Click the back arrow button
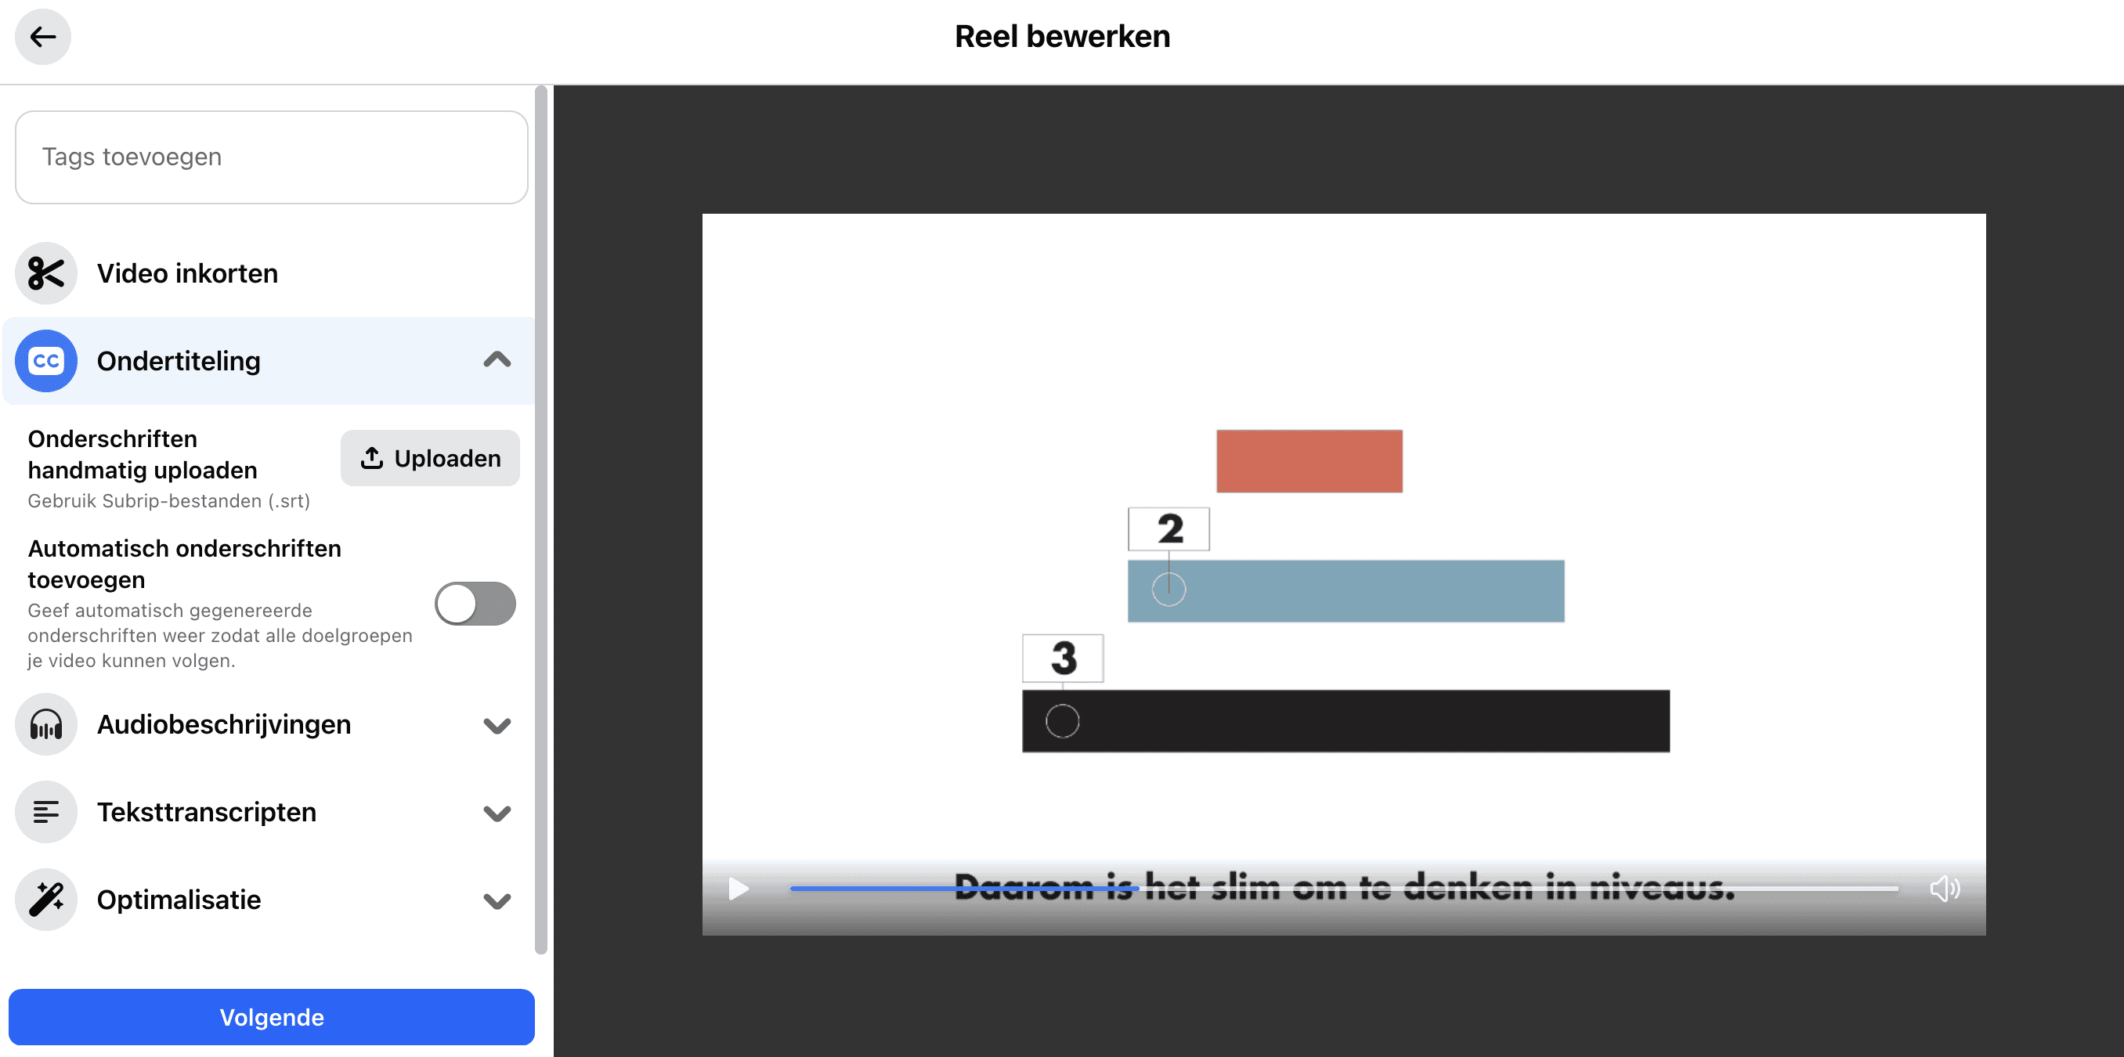tap(43, 37)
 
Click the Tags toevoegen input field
tap(271, 157)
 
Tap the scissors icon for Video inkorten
tap(46, 274)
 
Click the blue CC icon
tap(46, 361)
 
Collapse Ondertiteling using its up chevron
tap(497, 360)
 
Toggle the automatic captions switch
tap(475, 604)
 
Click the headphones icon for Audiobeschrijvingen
tap(46, 725)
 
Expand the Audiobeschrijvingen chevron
tap(497, 727)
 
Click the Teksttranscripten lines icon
tap(46, 813)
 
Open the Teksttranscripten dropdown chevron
tap(497, 813)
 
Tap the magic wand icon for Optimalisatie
tap(46, 900)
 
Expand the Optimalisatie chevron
tap(497, 901)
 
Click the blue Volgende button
tap(271, 1017)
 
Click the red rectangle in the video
tap(1309, 462)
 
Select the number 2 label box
tap(1169, 529)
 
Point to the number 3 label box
tap(1063, 658)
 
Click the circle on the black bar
tap(1062, 721)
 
